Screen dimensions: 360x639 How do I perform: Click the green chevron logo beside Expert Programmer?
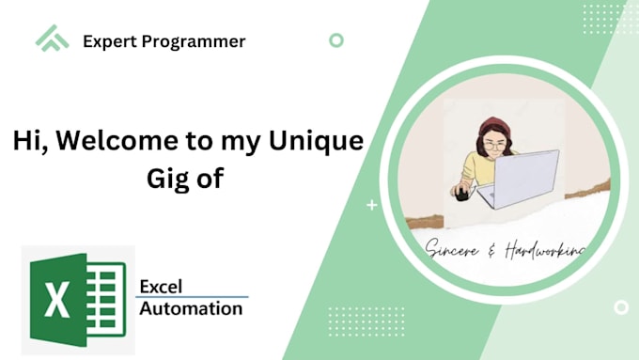coord(53,39)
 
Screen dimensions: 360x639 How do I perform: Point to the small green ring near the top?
coord(336,40)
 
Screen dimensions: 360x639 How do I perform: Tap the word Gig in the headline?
coord(166,179)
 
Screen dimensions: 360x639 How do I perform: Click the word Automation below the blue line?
coord(191,308)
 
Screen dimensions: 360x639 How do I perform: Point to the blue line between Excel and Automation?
coord(193,297)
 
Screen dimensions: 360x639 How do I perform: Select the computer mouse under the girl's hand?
coord(460,192)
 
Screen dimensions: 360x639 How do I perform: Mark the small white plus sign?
coord(372,204)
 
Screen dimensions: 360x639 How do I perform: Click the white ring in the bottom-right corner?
coord(620,307)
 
